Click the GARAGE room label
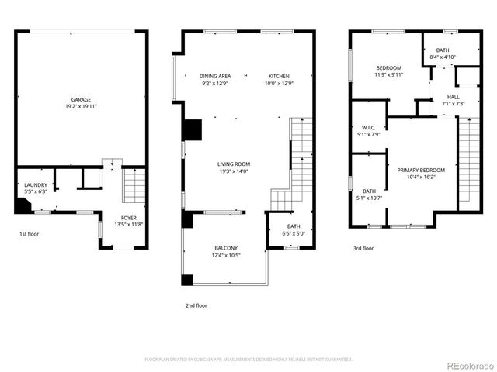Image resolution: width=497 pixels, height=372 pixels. [x=82, y=100]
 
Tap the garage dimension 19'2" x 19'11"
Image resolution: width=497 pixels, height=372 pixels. [x=82, y=107]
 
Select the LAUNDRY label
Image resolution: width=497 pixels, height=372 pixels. [x=36, y=184]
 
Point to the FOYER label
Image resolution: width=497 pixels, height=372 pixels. [x=129, y=218]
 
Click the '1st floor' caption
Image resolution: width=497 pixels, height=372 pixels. [x=30, y=232]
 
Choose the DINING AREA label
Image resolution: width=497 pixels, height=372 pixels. [x=214, y=75]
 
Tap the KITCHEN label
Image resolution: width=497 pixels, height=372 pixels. [x=279, y=75]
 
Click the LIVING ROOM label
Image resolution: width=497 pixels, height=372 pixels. [x=233, y=164]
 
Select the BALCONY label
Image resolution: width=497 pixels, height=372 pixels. [x=227, y=247]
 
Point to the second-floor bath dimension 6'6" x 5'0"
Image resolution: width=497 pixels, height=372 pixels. [x=288, y=232]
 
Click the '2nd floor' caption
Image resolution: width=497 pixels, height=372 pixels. [x=196, y=305]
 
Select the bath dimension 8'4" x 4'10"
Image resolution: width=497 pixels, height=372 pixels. [x=442, y=57]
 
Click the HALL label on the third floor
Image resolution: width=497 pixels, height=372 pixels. [x=453, y=97]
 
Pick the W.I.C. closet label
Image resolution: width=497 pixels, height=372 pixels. [x=368, y=128]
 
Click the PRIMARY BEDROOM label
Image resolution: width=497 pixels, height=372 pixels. [x=421, y=170]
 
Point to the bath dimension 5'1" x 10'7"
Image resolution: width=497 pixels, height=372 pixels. [x=369, y=198]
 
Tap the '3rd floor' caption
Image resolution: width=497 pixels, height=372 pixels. [x=363, y=249]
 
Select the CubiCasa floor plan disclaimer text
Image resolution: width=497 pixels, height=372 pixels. [x=248, y=359]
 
